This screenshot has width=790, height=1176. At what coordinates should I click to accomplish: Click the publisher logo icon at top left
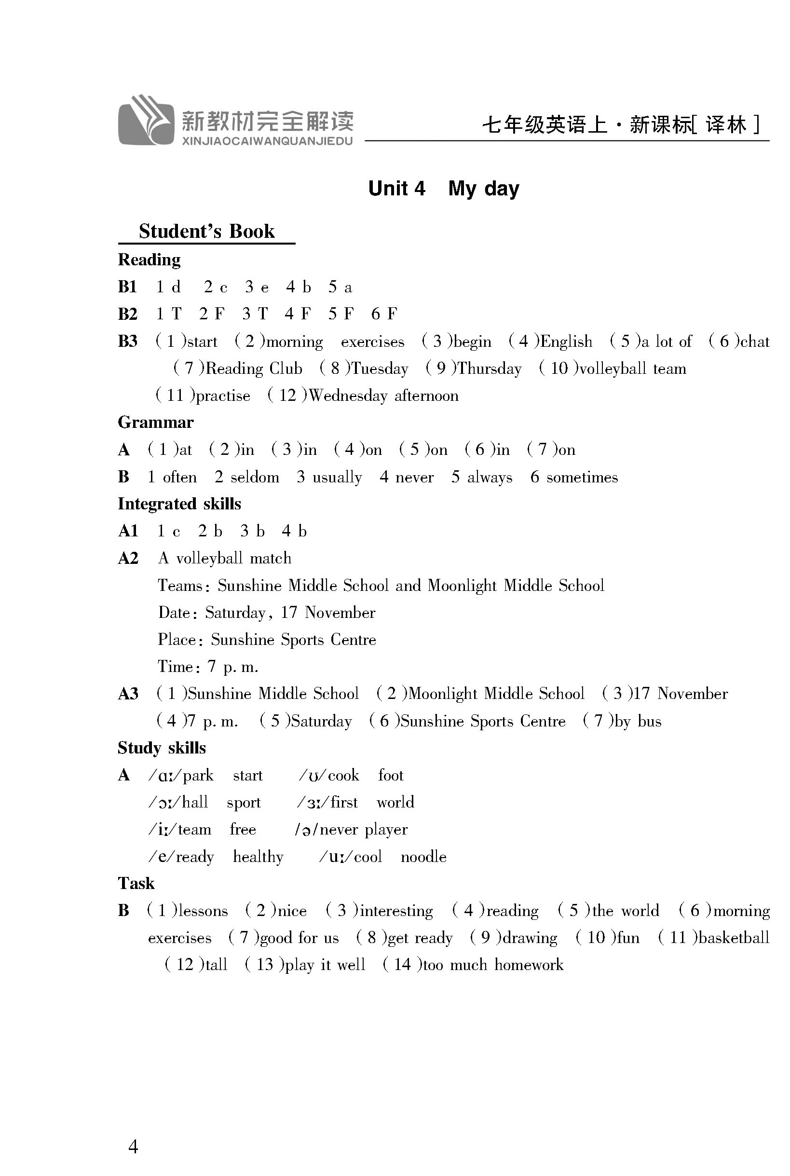(146, 121)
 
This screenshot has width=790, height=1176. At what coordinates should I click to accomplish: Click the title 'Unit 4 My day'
(443, 189)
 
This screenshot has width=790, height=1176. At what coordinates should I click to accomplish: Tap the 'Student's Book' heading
(206, 231)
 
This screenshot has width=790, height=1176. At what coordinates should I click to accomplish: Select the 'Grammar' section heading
(156, 422)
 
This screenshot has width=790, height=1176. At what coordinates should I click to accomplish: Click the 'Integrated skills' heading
(179, 504)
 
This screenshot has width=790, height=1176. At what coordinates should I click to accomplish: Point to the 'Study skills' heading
(162, 748)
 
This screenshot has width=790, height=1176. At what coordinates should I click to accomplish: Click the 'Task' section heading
(136, 884)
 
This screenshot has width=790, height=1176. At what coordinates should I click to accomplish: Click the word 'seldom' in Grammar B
(255, 477)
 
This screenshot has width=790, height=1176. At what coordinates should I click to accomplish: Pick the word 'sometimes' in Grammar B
(582, 477)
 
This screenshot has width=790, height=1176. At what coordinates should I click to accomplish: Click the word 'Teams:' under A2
(180, 586)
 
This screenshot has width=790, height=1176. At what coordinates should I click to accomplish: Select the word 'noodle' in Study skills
(423, 857)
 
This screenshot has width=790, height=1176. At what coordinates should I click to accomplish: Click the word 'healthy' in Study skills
(258, 857)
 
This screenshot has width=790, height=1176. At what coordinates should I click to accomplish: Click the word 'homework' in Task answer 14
(529, 965)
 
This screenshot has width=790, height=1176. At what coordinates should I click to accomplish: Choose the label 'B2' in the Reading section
(127, 314)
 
